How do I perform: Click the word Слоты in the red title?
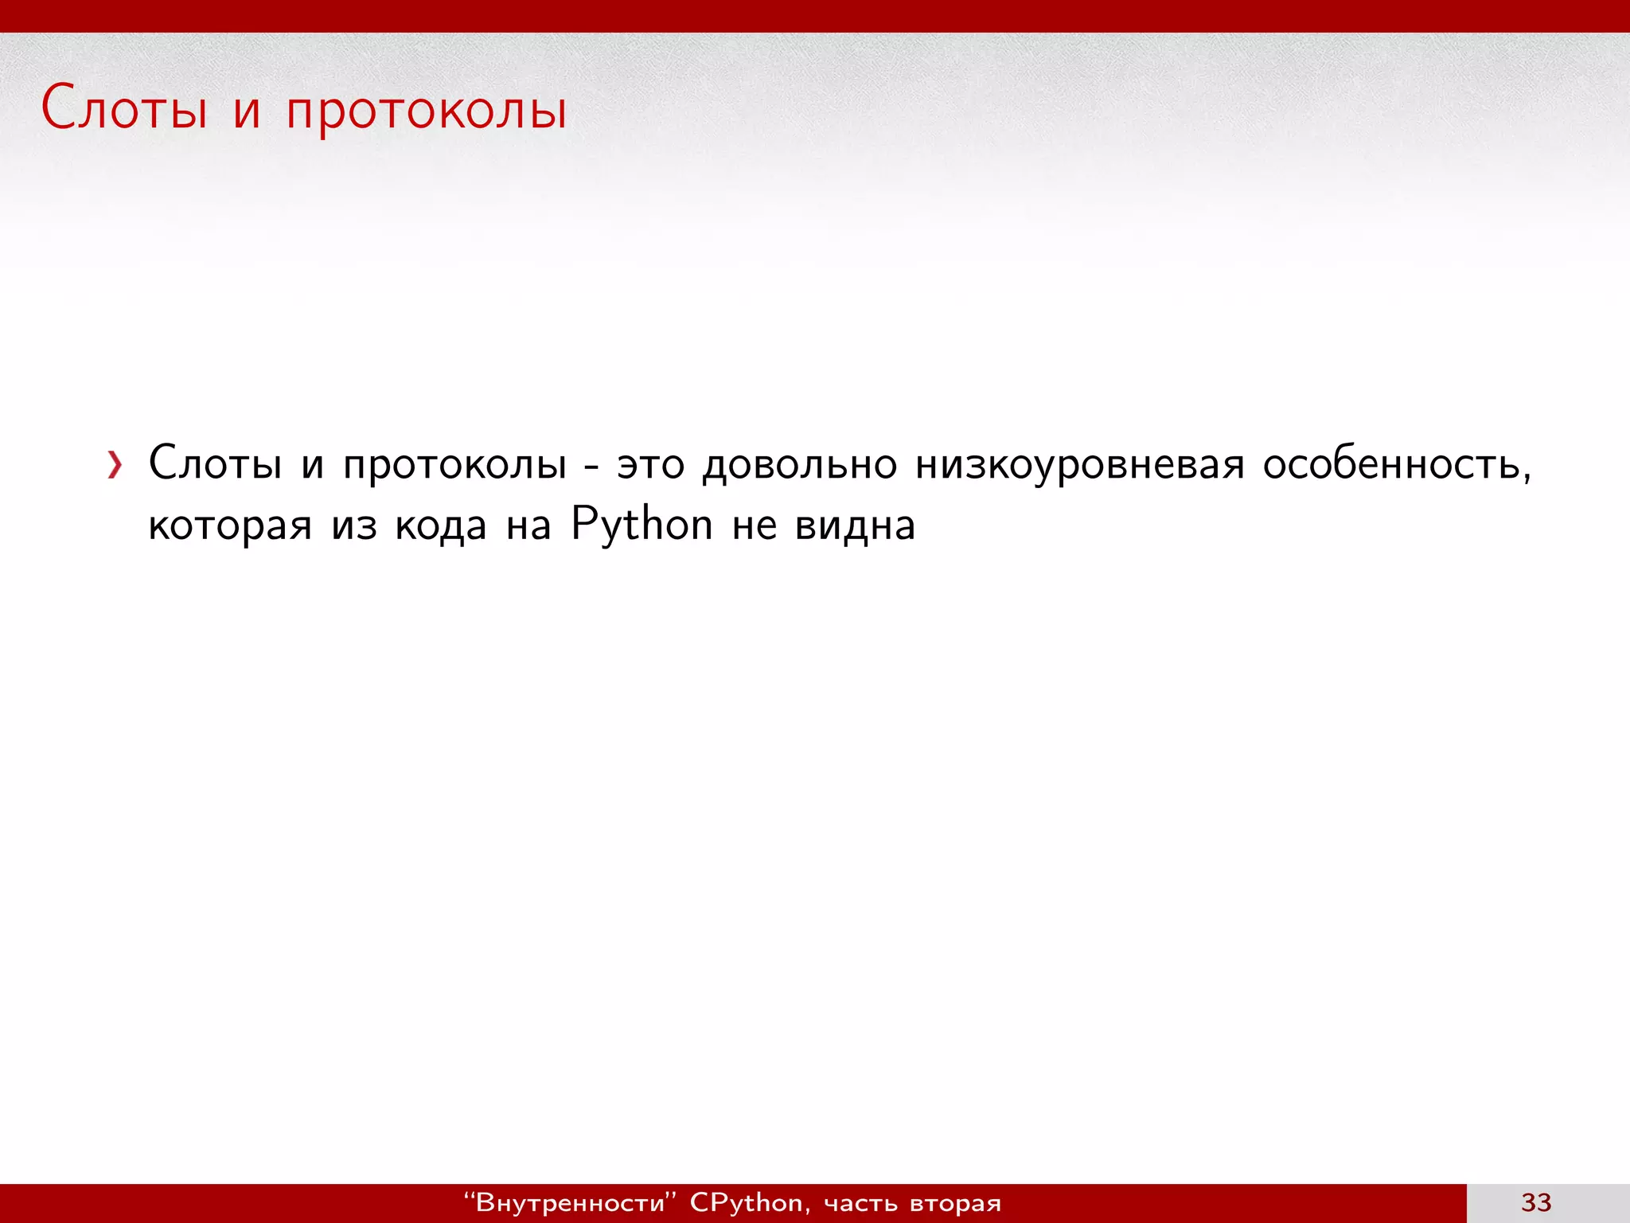point(124,109)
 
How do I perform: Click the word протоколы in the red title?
point(427,111)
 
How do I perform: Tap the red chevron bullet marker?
point(115,465)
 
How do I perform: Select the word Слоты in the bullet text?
point(215,463)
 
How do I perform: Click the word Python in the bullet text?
point(641,526)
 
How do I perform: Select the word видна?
point(855,526)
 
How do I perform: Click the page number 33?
point(1536,1202)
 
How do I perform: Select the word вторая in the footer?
point(955,1203)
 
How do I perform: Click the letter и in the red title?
point(247,111)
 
